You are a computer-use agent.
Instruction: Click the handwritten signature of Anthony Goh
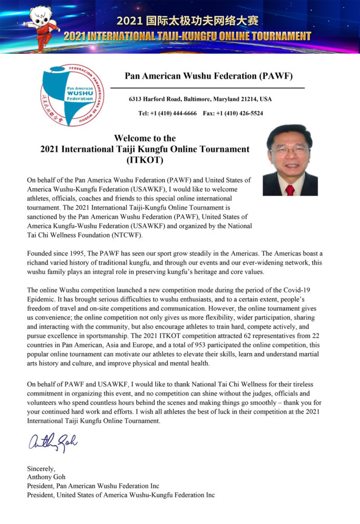coord(53,441)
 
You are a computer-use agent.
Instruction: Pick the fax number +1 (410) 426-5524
coord(240,113)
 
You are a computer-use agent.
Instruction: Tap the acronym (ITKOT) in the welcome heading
coord(144,160)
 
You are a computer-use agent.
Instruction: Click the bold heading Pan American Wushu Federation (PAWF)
coord(208,77)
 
